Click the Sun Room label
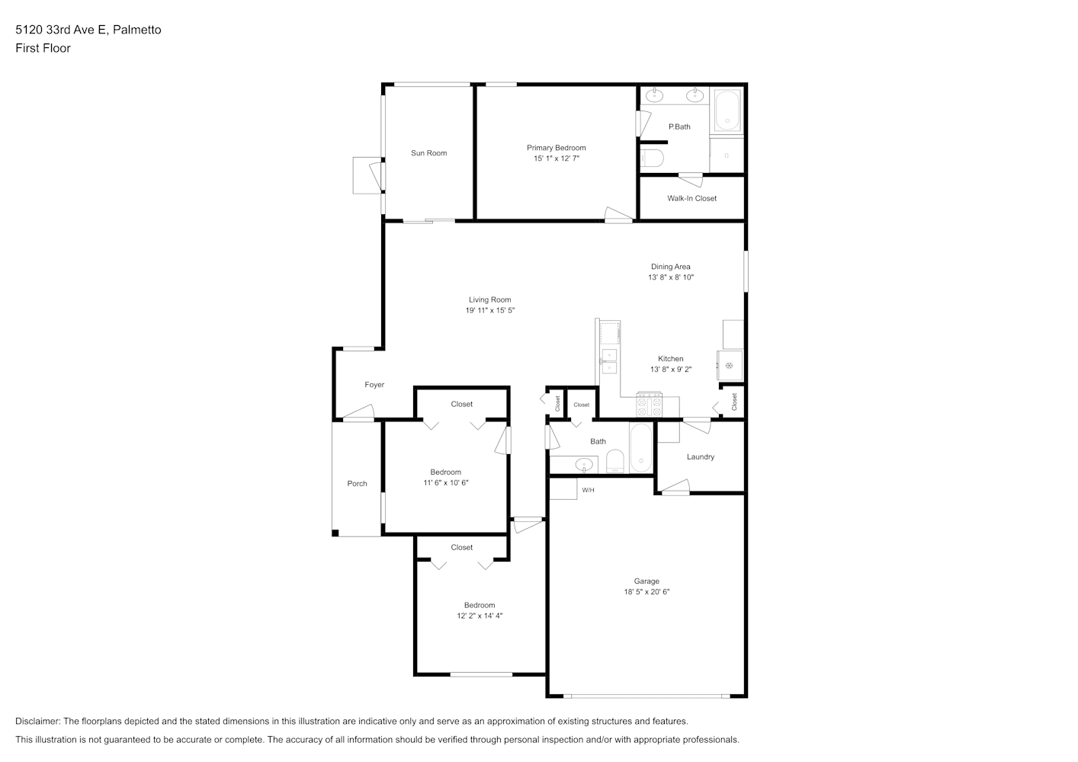(428, 153)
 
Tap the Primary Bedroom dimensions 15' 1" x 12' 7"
(557, 158)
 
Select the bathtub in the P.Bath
(727, 110)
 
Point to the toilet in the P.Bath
(652, 157)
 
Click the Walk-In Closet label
(691, 198)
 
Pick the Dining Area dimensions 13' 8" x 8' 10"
(671, 277)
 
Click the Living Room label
(490, 299)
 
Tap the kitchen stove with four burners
(650, 404)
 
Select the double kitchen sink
(609, 361)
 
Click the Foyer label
(374, 385)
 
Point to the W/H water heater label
(588, 490)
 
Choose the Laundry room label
(700, 457)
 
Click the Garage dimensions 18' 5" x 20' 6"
(646, 592)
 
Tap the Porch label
(357, 483)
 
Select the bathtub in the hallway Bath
(641, 448)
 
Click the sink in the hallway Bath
(584, 465)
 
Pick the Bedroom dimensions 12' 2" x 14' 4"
(480, 615)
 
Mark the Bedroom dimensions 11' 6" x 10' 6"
(446, 482)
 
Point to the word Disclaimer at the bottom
(37, 721)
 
